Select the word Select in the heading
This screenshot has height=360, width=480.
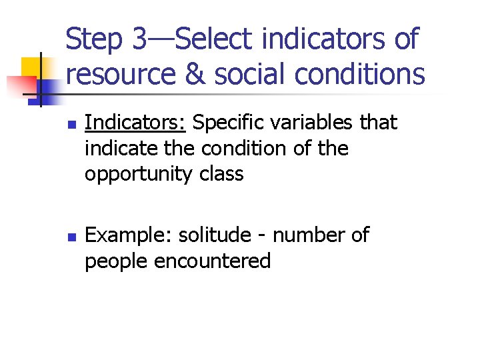pos(215,39)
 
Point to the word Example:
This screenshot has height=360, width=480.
pos(129,236)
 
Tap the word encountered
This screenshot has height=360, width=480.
pos(212,261)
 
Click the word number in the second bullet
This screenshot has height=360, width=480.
pos(309,235)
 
